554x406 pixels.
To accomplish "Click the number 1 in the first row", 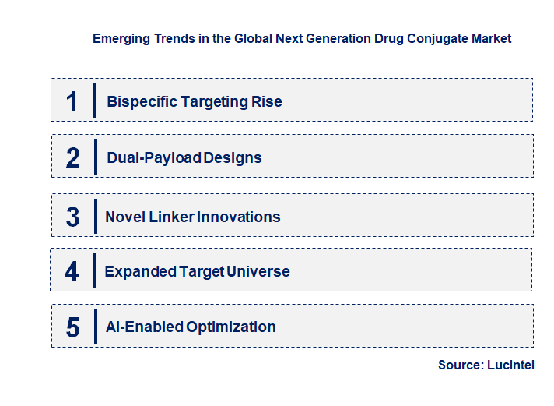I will click(x=72, y=101).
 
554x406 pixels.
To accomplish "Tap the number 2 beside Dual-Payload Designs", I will click(x=73, y=157).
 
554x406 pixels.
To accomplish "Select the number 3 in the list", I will click(x=72, y=217).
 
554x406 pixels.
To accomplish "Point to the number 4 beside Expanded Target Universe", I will click(x=72, y=271).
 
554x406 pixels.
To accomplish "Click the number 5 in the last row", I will click(x=72, y=327).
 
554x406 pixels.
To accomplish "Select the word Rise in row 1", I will click(x=267, y=101).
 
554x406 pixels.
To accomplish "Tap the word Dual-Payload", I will click(x=153, y=157).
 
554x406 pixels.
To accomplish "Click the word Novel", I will click(x=125, y=217).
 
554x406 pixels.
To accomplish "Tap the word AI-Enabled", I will click(x=143, y=327).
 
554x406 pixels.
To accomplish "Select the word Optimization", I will click(x=230, y=327).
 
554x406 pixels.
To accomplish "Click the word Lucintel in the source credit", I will click(x=511, y=365).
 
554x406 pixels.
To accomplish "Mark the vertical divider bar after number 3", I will click(x=94, y=215).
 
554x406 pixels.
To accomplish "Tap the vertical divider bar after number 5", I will click(x=94, y=326).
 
